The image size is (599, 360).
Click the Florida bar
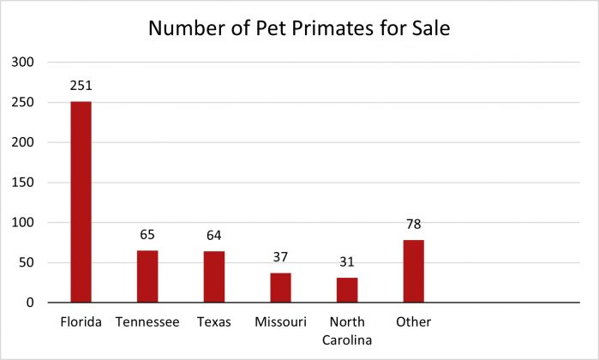point(81,201)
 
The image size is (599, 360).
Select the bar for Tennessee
point(147,276)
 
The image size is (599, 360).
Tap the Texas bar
point(214,276)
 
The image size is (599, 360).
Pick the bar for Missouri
point(280,287)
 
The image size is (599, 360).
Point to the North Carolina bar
point(347,290)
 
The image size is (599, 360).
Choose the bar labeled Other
point(413,271)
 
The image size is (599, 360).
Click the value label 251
point(81,87)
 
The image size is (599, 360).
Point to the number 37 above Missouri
point(280,258)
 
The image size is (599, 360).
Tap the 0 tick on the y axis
point(29,303)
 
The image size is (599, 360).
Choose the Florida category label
point(81,322)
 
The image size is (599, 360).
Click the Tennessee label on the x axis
point(147,322)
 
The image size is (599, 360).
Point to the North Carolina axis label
point(347,330)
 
